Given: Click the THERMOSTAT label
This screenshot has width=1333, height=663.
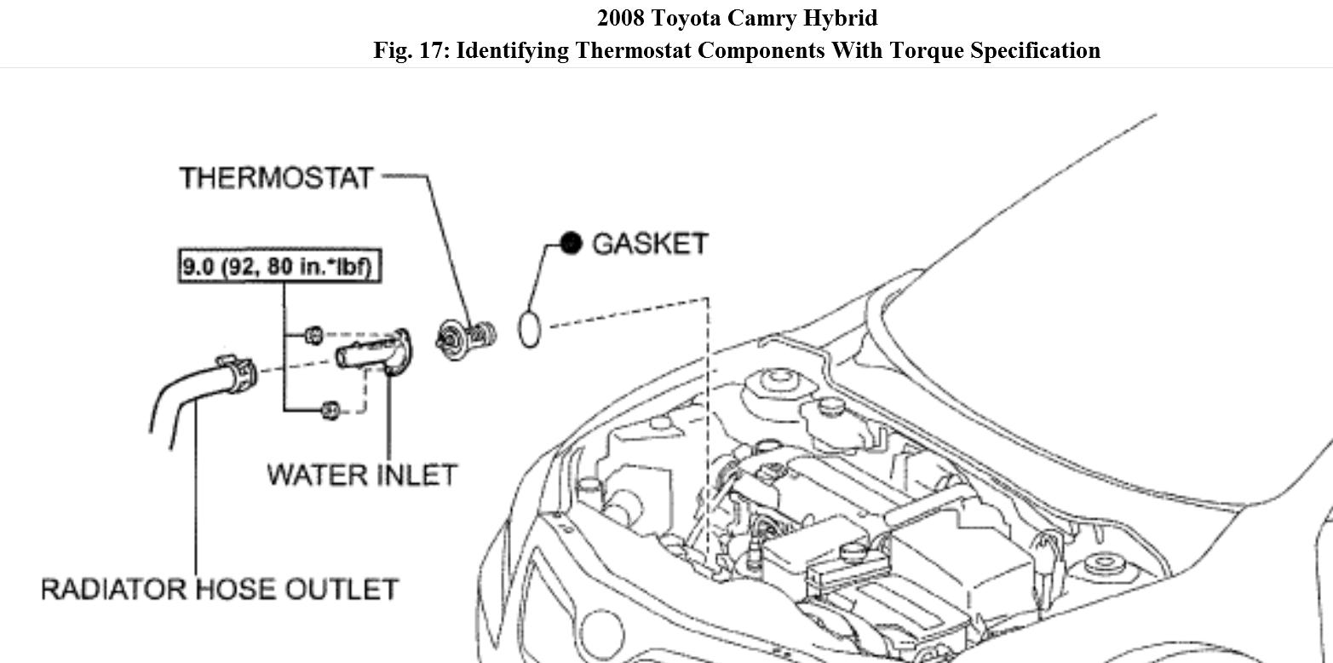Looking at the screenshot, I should click(276, 178).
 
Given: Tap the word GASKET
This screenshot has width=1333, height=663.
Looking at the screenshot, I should click(650, 244).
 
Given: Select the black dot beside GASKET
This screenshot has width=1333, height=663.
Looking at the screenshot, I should click(571, 244).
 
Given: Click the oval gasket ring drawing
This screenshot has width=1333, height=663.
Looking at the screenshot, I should click(529, 330).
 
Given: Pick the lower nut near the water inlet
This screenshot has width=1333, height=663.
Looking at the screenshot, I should click(330, 411).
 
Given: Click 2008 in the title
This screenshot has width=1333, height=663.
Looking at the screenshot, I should click(622, 18).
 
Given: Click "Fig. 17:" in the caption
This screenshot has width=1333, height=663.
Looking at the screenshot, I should click(411, 50).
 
